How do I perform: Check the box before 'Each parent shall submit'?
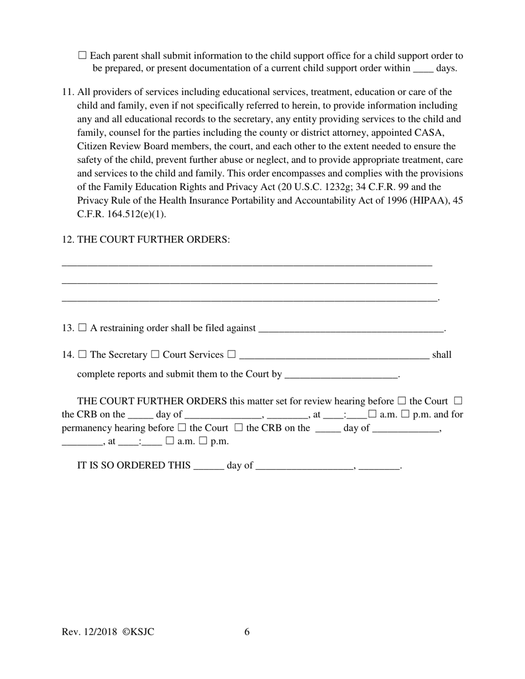pos(82,55)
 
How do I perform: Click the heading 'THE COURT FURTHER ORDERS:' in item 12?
pos(153,240)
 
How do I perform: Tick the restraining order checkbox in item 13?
pos(82,327)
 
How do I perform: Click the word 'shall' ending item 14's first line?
pos(442,355)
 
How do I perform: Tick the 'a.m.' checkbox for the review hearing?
pos(372,414)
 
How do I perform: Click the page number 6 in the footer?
pos(247,632)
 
